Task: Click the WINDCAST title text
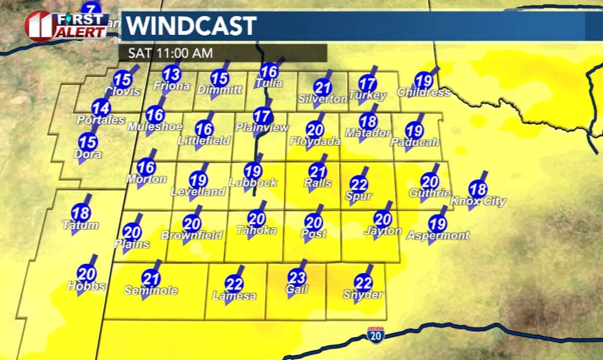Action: (x=191, y=26)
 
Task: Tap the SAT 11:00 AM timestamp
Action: (x=170, y=53)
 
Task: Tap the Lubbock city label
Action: (x=253, y=183)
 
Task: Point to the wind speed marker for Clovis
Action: (x=122, y=79)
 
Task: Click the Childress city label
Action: (x=424, y=93)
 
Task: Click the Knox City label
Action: (x=478, y=201)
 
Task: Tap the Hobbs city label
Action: (x=86, y=286)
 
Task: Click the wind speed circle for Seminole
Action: (x=151, y=278)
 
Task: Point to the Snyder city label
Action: (x=363, y=295)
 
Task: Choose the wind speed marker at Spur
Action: (x=359, y=183)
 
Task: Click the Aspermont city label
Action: (x=437, y=236)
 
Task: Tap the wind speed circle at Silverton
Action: (x=322, y=87)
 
